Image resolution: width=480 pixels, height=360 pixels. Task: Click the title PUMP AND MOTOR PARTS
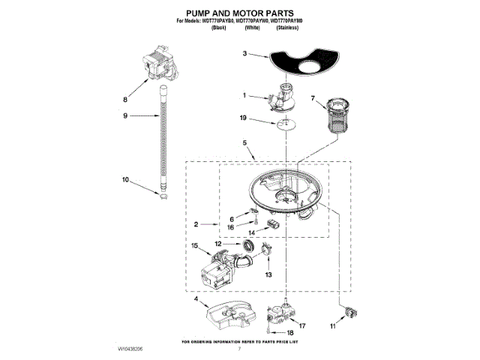coord(239,13)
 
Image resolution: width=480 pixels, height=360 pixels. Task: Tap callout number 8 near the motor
coord(126,98)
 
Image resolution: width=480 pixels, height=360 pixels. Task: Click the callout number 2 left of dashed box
coord(195,223)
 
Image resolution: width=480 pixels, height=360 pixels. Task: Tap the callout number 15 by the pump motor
coord(195,245)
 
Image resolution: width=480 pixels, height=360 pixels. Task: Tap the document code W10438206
coord(130,349)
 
